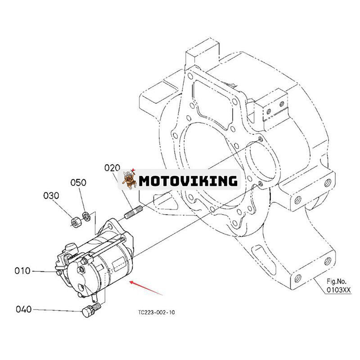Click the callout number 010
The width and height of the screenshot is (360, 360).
(22, 271)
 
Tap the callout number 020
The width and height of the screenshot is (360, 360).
(112, 168)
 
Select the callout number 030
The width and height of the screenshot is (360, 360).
(51, 196)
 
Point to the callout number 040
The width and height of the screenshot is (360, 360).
(24, 309)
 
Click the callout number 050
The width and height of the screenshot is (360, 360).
(78, 183)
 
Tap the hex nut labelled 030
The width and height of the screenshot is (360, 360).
(75, 222)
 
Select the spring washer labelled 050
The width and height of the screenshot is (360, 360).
(85, 216)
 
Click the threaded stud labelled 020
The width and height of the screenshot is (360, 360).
(133, 212)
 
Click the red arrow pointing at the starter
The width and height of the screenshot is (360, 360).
(146, 288)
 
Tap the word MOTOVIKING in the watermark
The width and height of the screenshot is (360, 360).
(188, 181)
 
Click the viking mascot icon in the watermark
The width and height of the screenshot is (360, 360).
(129, 179)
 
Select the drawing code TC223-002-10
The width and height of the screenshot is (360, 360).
(156, 312)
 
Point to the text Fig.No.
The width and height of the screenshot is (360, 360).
(336, 282)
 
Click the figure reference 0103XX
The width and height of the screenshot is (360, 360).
(339, 290)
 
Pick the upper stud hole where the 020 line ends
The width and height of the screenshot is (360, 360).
(260, 139)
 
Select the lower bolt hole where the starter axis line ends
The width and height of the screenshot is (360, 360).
(260, 184)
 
